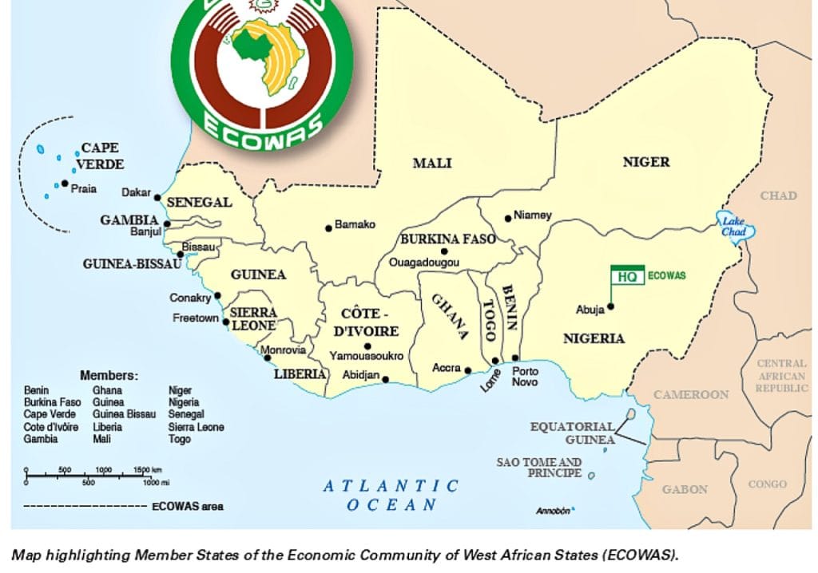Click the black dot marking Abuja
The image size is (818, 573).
611,306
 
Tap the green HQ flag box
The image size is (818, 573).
627,275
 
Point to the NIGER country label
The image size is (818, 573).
645,162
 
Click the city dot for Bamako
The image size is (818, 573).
328,228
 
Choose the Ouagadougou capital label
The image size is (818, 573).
423,262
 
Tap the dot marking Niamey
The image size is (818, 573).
508,218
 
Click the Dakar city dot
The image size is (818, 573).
157,197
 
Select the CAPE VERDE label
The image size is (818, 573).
100,156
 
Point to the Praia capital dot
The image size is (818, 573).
65,184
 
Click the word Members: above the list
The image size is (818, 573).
109,375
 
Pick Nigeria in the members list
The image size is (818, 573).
184,402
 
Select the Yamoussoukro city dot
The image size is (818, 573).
367,346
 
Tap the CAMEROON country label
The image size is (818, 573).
691,394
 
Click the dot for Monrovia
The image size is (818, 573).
268,358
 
